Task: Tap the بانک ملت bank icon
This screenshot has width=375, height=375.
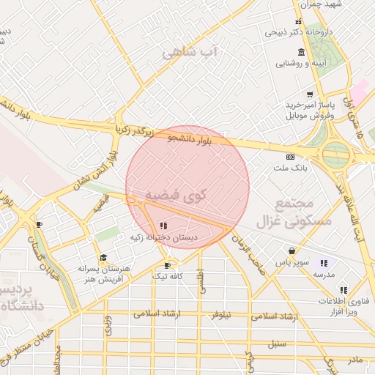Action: point(290,157)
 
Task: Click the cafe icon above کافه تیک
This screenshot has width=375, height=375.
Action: point(167,265)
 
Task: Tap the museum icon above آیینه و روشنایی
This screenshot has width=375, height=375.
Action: point(301,52)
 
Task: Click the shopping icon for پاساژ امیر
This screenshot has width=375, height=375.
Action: point(311,94)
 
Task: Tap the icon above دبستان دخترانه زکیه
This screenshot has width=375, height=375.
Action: point(163,226)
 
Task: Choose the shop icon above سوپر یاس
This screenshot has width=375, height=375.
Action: point(292,250)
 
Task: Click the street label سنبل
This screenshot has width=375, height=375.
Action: point(276,342)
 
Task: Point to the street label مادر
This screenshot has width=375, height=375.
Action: point(355,359)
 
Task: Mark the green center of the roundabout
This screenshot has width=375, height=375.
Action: point(335,154)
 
